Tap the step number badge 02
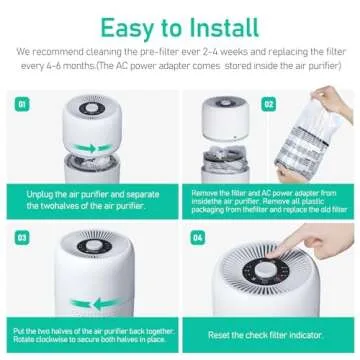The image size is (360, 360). point(268,103)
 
